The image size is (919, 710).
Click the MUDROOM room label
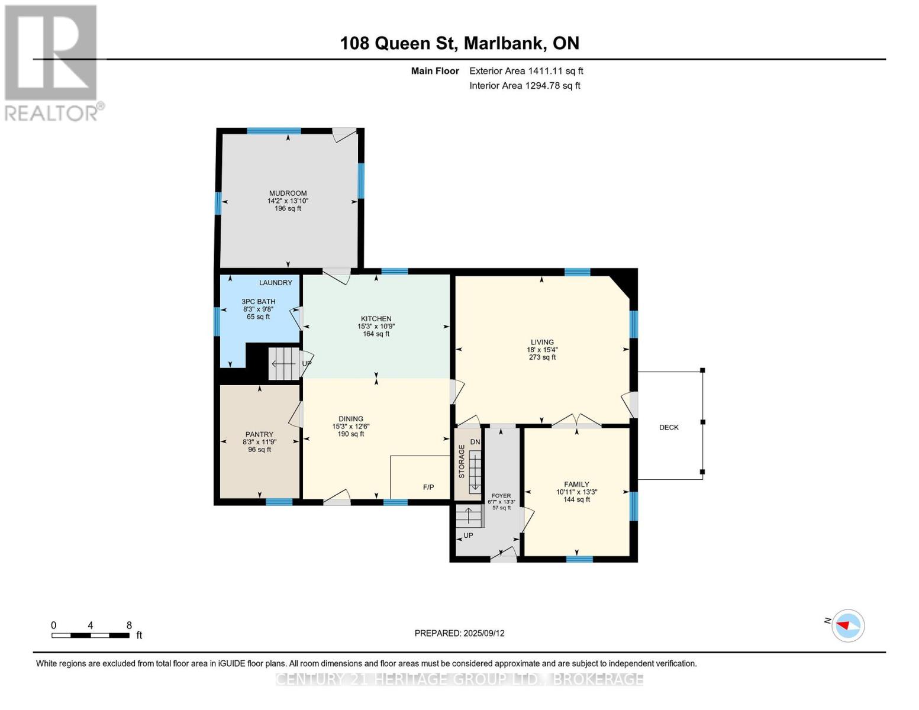[288, 193]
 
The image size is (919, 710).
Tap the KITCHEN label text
[376, 319]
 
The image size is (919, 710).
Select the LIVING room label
[542, 342]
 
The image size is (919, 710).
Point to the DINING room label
[351, 419]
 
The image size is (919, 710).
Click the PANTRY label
[259, 434]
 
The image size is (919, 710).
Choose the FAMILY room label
[576, 485]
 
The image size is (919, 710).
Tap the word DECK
[669, 427]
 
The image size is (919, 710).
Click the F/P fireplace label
[428, 488]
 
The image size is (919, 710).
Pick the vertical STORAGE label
[462, 461]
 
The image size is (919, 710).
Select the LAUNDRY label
[276, 283]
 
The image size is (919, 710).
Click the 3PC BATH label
[259, 302]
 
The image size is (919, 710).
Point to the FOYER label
[501, 496]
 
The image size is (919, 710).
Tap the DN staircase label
[475, 442]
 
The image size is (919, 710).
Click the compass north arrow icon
[848, 625]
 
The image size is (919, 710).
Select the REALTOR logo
[51, 62]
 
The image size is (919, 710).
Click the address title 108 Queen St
[459, 43]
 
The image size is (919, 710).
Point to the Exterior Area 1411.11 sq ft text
[526, 71]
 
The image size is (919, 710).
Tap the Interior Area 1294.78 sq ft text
[525, 86]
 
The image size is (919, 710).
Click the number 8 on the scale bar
[129, 625]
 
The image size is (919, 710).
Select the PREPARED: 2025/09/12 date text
[459, 633]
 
